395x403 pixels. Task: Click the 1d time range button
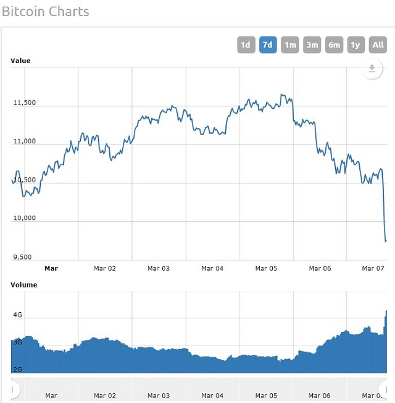tap(246, 45)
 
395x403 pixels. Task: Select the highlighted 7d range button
tap(268, 45)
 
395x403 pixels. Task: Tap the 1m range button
tap(289, 45)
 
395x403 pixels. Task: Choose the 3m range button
tap(312, 45)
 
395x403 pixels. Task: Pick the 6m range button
tap(334, 45)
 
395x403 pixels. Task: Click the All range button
tap(378, 45)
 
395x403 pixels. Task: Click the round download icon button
tap(372, 69)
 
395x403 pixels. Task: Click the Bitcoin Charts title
tap(46, 12)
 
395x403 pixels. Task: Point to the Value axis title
tap(20, 61)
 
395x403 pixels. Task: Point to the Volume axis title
tap(24, 285)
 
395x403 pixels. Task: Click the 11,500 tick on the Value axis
tap(25, 103)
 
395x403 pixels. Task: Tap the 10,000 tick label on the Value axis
tap(25, 218)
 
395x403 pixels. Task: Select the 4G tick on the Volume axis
tap(18, 315)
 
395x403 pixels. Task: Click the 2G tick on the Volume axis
tap(18, 369)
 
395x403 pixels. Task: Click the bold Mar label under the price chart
tap(51, 268)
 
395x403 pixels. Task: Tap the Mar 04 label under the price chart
tap(212, 268)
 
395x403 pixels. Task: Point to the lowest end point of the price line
tap(386, 241)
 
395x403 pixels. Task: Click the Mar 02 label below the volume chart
tap(104, 395)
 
